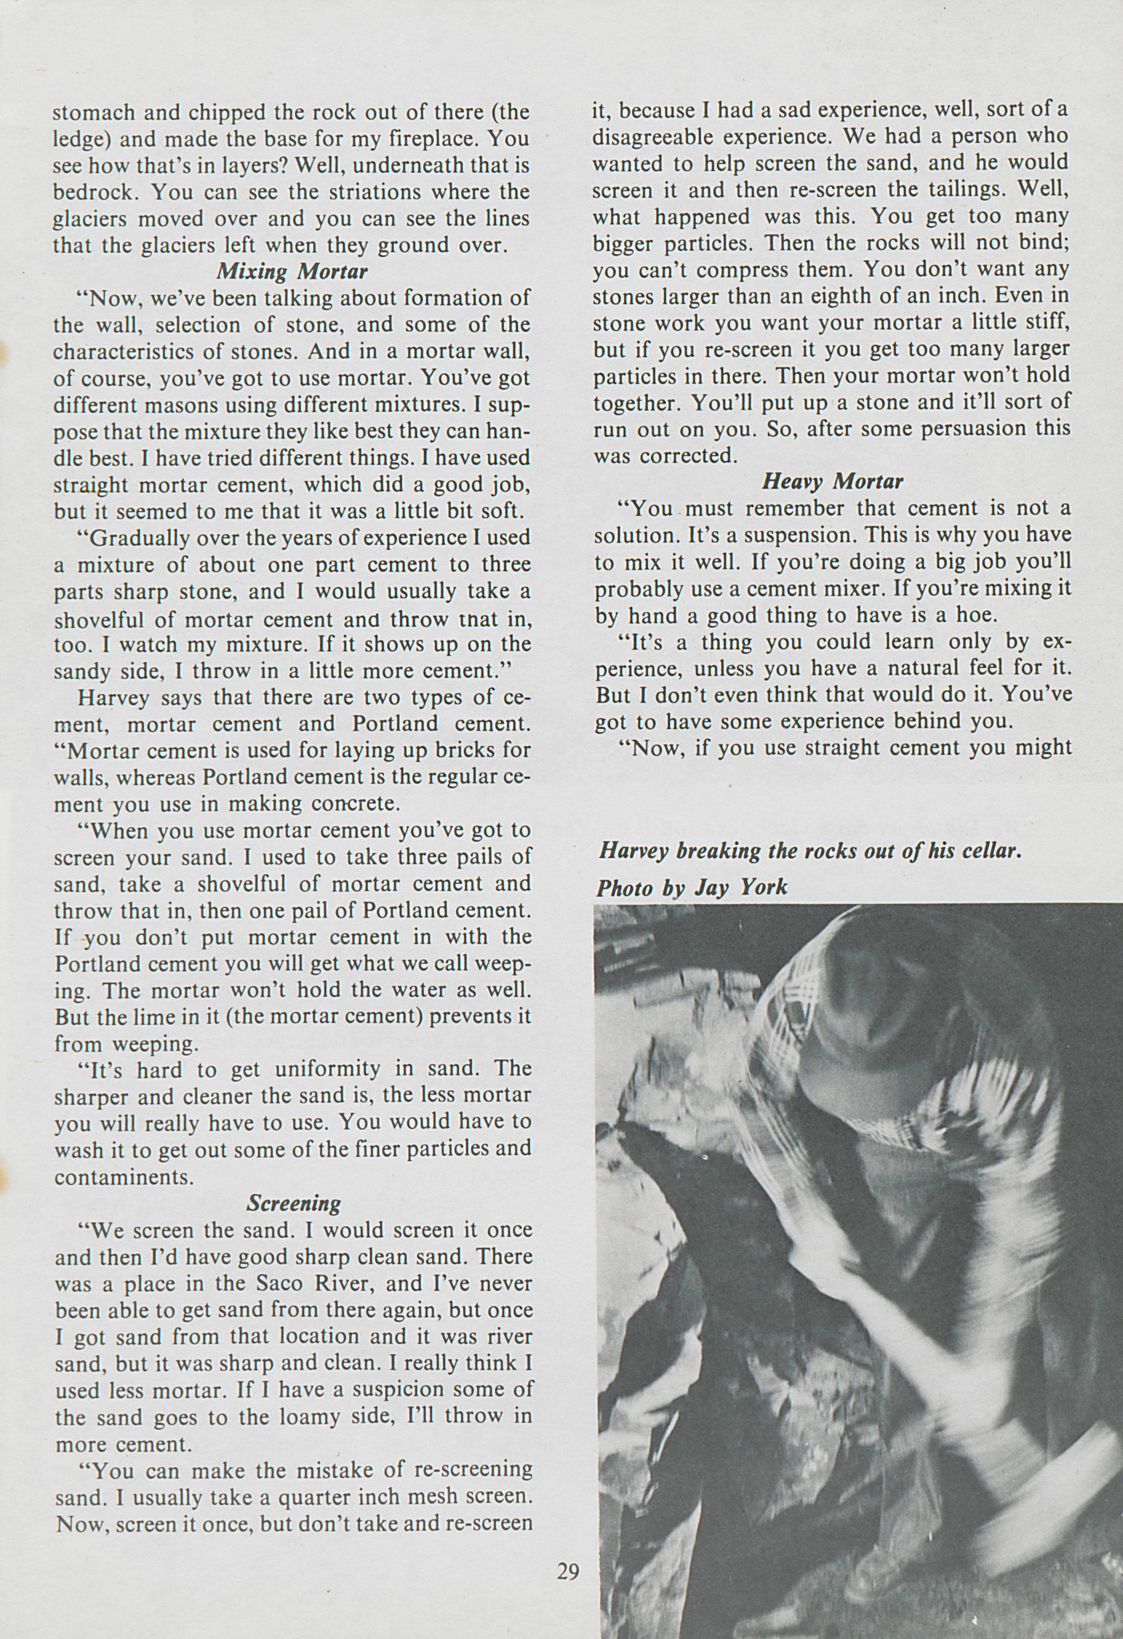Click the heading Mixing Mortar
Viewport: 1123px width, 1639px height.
[292, 271]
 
